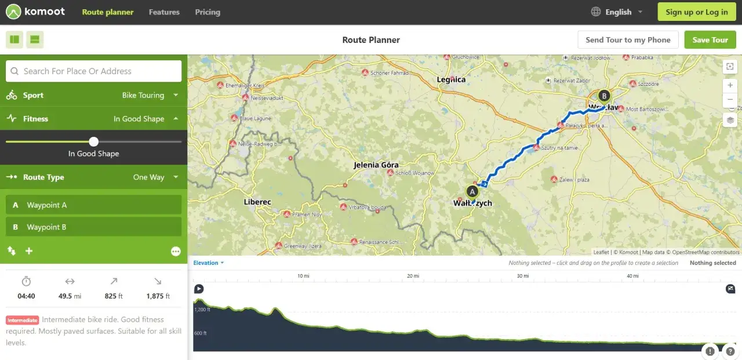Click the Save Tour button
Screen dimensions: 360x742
click(x=710, y=40)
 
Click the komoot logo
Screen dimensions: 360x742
click(x=37, y=12)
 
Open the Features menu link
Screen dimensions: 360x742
click(x=164, y=12)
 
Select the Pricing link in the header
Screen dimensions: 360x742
click(x=208, y=12)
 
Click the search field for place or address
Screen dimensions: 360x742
click(x=93, y=71)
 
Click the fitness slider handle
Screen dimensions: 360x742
click(x=94, y=141)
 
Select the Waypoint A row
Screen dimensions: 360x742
click(x=93, y=205)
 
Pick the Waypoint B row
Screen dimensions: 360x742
click(x=93, y=227)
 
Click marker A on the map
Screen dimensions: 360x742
click(x=472, y=191)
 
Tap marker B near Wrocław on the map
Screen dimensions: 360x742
click(x=604, y=96)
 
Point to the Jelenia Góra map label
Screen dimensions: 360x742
click(x=376, y=165)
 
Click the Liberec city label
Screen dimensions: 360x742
click(x=257, y=202)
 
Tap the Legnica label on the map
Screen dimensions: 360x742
click(x=451, y=79)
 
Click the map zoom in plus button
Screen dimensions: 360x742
click(x=730, y=85)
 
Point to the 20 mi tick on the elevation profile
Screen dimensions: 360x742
click(x=413, y=276)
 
